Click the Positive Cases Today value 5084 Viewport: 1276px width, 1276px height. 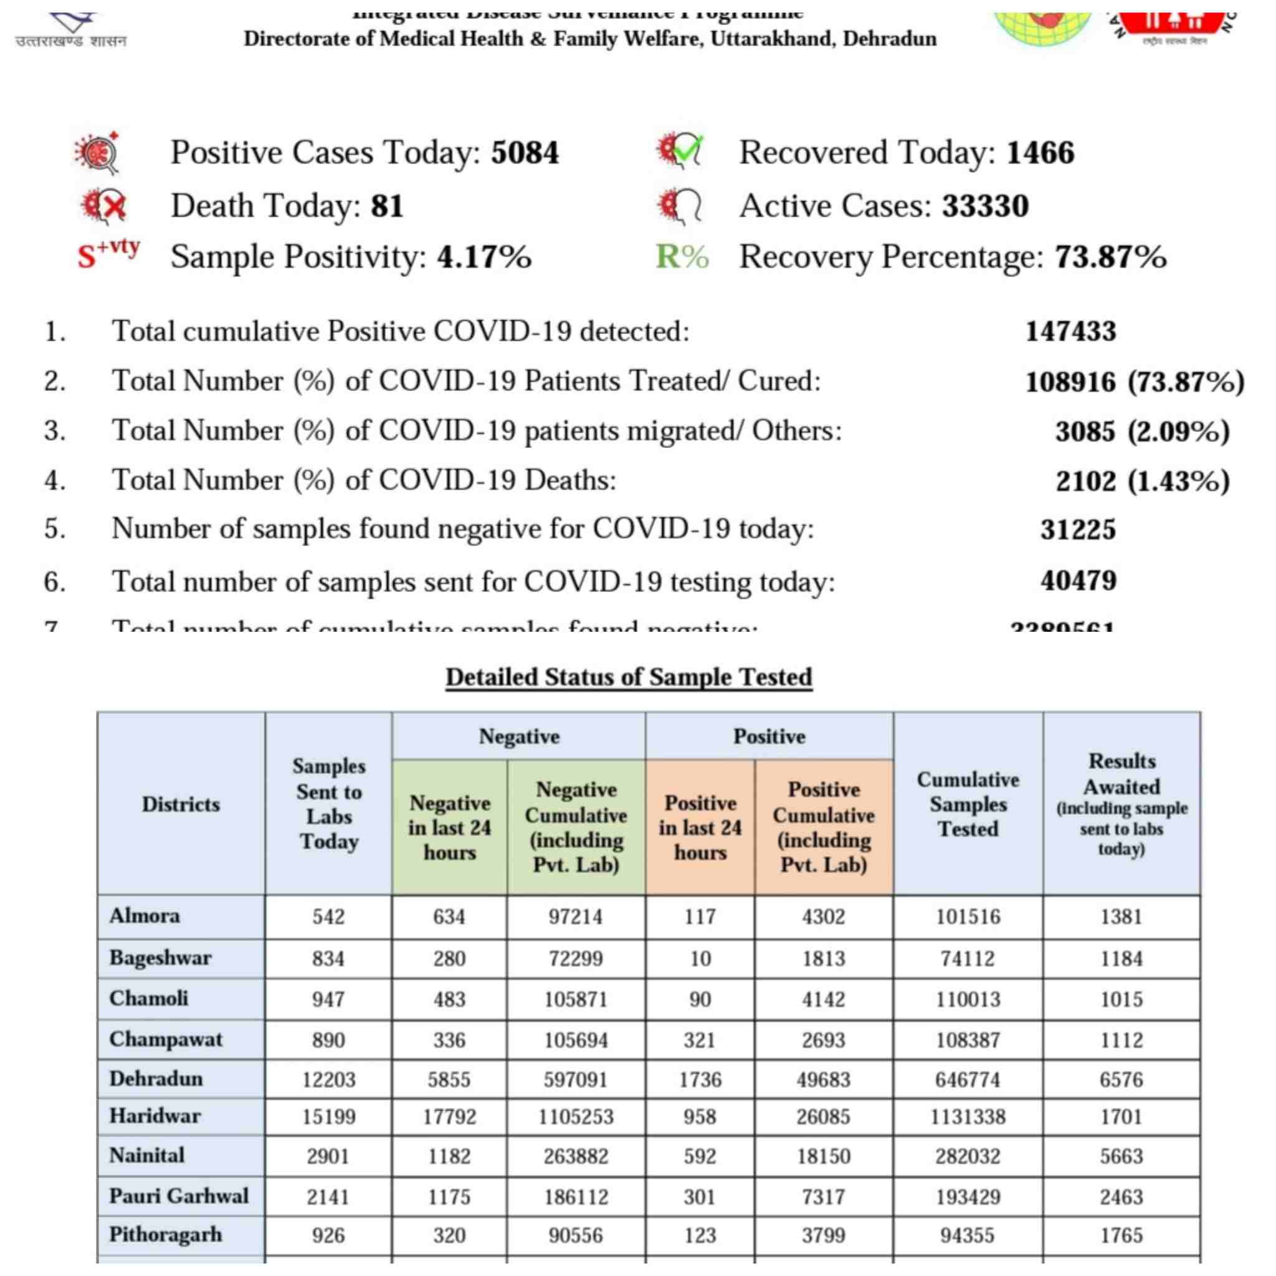point(525,153)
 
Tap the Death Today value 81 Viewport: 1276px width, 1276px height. point(386,206)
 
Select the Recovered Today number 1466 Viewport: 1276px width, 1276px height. point(1040,153)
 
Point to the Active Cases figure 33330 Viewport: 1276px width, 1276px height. point(985,206)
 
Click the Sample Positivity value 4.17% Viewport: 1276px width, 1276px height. point(483,257)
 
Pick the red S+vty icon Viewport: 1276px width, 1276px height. point(108,254)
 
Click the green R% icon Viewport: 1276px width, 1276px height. point(682,257)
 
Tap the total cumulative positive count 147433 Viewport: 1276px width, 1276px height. point(1070,331)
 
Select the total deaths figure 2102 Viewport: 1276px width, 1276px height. point(1085,481)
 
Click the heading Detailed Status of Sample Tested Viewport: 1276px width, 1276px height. point(628,677)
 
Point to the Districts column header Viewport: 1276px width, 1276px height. point(180,804)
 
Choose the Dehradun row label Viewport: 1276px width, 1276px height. point(156,1079)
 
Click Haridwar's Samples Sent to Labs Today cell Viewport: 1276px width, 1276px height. point(328,1117)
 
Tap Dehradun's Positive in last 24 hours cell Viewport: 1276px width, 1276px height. point(700,1080)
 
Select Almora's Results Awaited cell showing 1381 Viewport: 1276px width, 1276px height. point(1121,917)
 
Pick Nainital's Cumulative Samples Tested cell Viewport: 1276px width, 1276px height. point(968,1156)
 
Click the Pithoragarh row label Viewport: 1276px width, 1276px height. point(165,1234)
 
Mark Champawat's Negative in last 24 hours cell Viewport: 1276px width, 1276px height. point(449,1040)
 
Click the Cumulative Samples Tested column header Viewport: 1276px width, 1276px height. point(968,804)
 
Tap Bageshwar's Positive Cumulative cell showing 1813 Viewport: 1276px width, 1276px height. point(823,958)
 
